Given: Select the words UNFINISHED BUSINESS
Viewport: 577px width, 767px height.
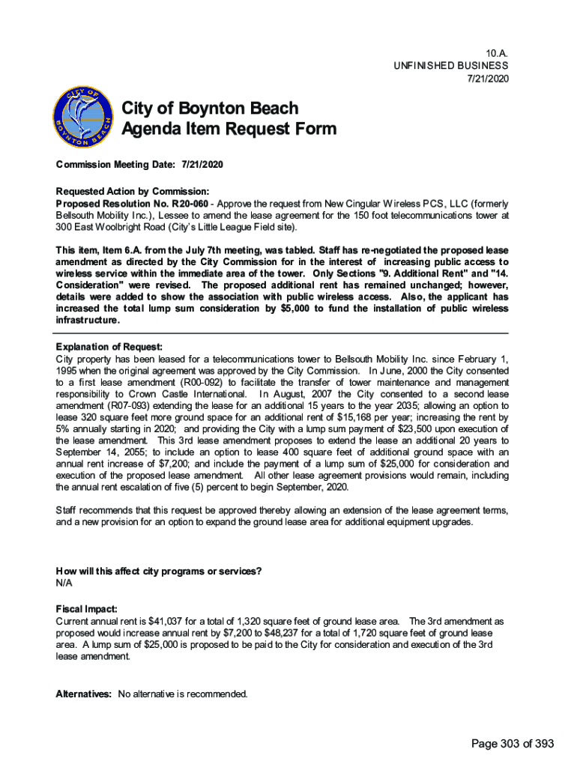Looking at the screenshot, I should [451, 67].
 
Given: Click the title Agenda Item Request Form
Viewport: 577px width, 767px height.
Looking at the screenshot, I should [229, 129].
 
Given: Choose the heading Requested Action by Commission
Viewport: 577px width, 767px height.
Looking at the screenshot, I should [132, 191].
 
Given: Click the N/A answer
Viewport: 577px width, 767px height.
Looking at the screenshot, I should [64, 583].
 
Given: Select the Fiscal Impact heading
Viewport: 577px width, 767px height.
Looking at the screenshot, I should [87, 609].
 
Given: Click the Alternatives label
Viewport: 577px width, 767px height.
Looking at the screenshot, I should [84, 694].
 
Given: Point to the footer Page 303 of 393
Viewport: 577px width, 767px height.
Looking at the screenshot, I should [513, 743].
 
